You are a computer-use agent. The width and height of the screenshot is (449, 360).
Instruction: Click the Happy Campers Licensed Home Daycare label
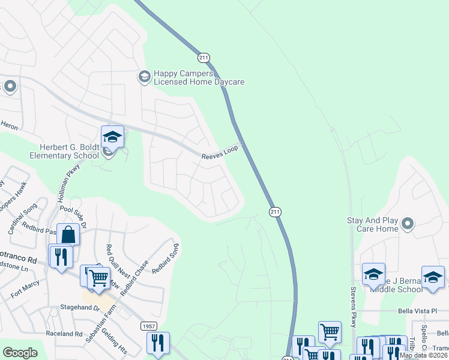[199, 77]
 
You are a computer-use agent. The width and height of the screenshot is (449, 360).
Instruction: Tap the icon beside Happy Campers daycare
[144, 76]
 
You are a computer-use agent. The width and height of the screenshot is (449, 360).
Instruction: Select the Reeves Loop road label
[220, 153]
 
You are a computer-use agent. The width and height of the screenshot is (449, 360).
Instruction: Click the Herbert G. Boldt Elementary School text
[65, 152]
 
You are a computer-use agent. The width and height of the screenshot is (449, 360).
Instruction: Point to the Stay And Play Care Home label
[373, 224]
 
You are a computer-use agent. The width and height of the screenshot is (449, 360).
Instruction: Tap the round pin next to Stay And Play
[408, 224]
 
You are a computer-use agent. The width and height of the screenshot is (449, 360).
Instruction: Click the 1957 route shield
[149, 326]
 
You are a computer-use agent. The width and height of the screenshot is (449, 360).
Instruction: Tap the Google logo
[20, 352]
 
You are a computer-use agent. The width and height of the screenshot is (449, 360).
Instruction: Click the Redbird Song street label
[165, 259]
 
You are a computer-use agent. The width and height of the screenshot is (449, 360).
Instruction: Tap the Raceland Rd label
[64, 334]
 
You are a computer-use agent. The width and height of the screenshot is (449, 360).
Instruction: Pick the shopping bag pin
[68, 235]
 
